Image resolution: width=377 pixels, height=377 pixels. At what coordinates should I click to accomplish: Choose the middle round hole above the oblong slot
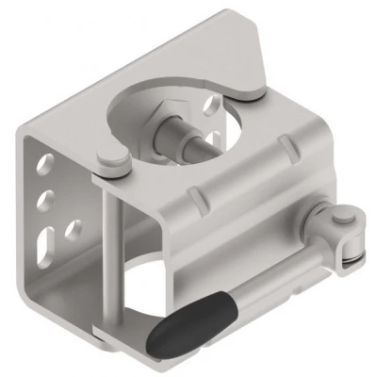click(42, 200)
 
